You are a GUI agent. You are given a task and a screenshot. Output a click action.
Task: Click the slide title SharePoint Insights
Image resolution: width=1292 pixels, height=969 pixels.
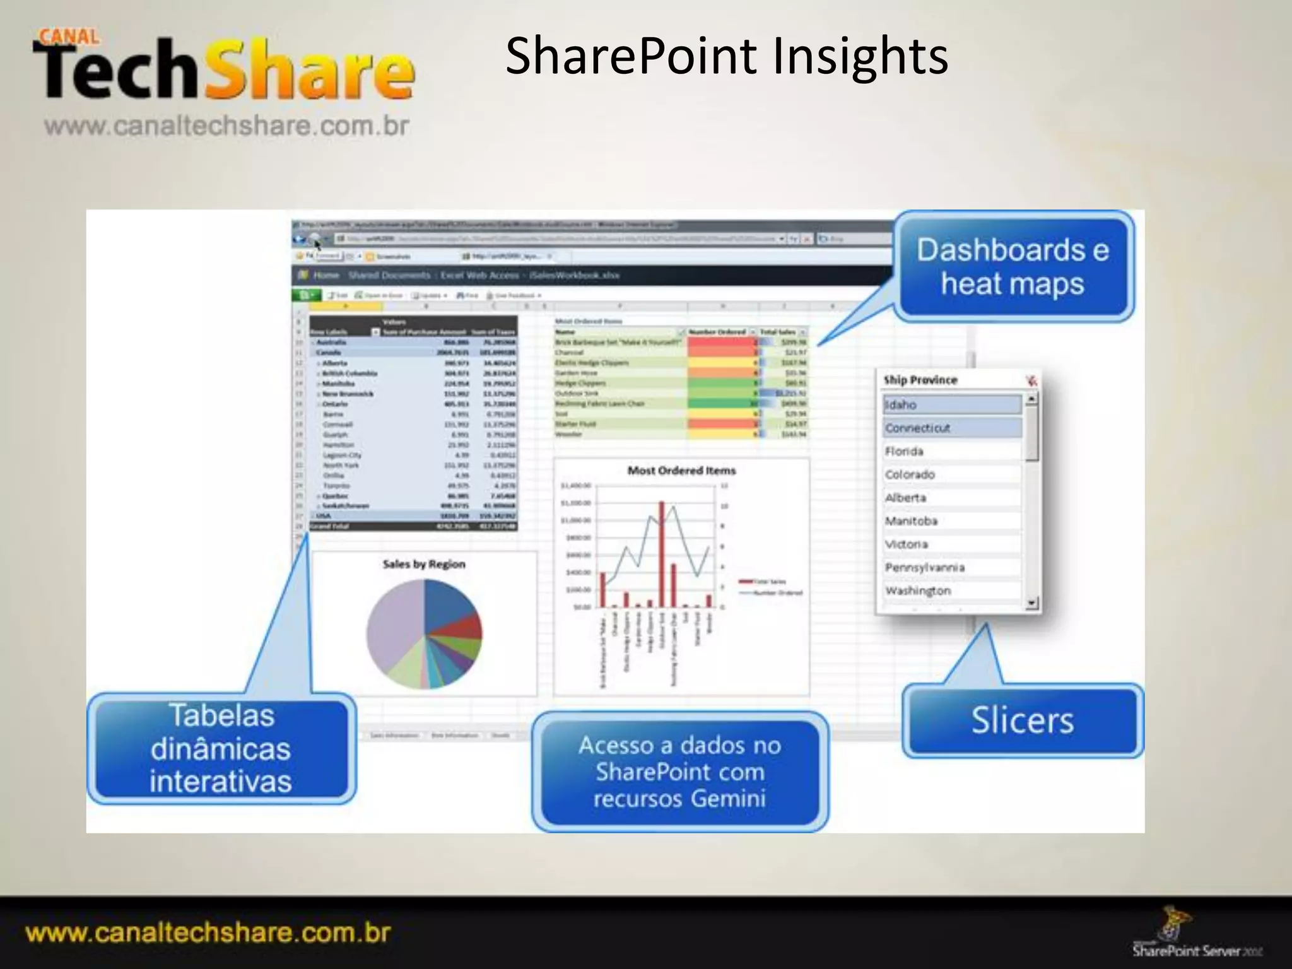[x=726, y=57]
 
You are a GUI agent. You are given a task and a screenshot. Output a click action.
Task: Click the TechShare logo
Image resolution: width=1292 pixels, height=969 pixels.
[x=224, y=69]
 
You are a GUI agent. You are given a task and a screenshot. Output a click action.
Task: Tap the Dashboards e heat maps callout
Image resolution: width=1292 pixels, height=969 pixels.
[x=1013, y=267]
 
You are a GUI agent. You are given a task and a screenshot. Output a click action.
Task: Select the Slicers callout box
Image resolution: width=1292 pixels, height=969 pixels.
[x=1022, y=720]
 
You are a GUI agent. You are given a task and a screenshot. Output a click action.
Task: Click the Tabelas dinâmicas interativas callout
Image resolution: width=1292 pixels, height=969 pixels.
[x=221, y=748]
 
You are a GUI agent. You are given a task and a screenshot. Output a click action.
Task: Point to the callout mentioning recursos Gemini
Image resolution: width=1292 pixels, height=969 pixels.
[x=679, y=772]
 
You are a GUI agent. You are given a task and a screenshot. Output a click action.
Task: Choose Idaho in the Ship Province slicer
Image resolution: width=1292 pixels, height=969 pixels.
[x=951, y=405]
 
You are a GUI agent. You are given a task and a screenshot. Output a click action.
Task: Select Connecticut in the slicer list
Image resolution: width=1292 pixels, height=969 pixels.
[x=951, y=428]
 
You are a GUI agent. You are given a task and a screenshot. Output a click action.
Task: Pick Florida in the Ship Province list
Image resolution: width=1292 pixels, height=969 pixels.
[x=951, y=452]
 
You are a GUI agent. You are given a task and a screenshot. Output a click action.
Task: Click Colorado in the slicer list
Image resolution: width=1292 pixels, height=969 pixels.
[x=951, y=474]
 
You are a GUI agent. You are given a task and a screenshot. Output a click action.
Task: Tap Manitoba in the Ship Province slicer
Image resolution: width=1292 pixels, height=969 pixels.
[x=951, y=521]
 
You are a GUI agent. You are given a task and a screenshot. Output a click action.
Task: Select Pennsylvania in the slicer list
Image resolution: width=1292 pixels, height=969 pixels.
[x=951, y=568]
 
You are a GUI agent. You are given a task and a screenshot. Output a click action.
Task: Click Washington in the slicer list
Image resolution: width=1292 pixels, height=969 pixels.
[x=951, y=591]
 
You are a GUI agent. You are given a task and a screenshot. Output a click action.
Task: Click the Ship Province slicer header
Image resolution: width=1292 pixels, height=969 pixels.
[x=920, y=380]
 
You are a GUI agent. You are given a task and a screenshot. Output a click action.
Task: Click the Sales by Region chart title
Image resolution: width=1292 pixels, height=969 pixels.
[x=424, y=564]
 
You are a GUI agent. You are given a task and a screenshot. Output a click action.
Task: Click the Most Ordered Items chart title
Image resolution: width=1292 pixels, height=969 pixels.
[x=681, y=471]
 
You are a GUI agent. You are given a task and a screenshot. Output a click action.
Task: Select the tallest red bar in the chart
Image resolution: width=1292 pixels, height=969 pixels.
[x=661, y=555]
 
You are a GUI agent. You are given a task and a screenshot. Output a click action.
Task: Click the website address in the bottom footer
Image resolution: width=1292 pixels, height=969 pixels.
[x=208, y=933]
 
